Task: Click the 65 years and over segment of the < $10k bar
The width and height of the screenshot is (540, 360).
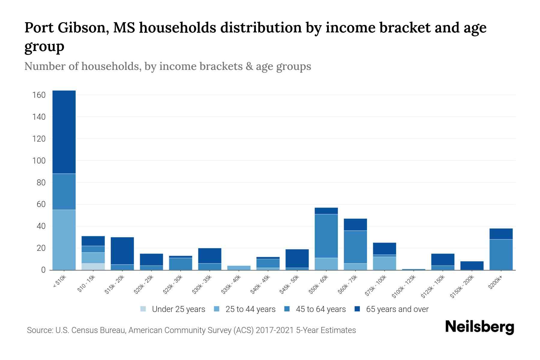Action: [64, 132]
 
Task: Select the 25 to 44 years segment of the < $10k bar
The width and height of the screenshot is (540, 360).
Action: [64, 240]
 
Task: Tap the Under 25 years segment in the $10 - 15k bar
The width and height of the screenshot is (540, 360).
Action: [93, 266]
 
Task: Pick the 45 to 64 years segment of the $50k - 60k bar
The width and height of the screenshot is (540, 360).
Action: [326, 236]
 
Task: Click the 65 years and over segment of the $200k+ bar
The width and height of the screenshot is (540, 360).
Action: [501, 234]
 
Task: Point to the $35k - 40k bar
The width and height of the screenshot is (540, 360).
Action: [239, 268]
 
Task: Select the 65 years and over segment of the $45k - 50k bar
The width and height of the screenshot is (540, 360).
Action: [297, 258]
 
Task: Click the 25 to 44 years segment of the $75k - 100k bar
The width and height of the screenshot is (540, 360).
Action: [384, 263]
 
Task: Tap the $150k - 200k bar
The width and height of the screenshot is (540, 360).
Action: [472, 265]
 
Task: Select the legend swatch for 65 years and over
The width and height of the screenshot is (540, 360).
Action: [357, 309]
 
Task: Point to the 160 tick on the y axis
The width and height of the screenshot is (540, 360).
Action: [39, 95]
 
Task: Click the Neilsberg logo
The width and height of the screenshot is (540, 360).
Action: [479, 327]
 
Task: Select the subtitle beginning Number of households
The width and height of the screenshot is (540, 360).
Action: [167, 66]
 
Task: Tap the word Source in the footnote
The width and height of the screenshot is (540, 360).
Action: [39, 330]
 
